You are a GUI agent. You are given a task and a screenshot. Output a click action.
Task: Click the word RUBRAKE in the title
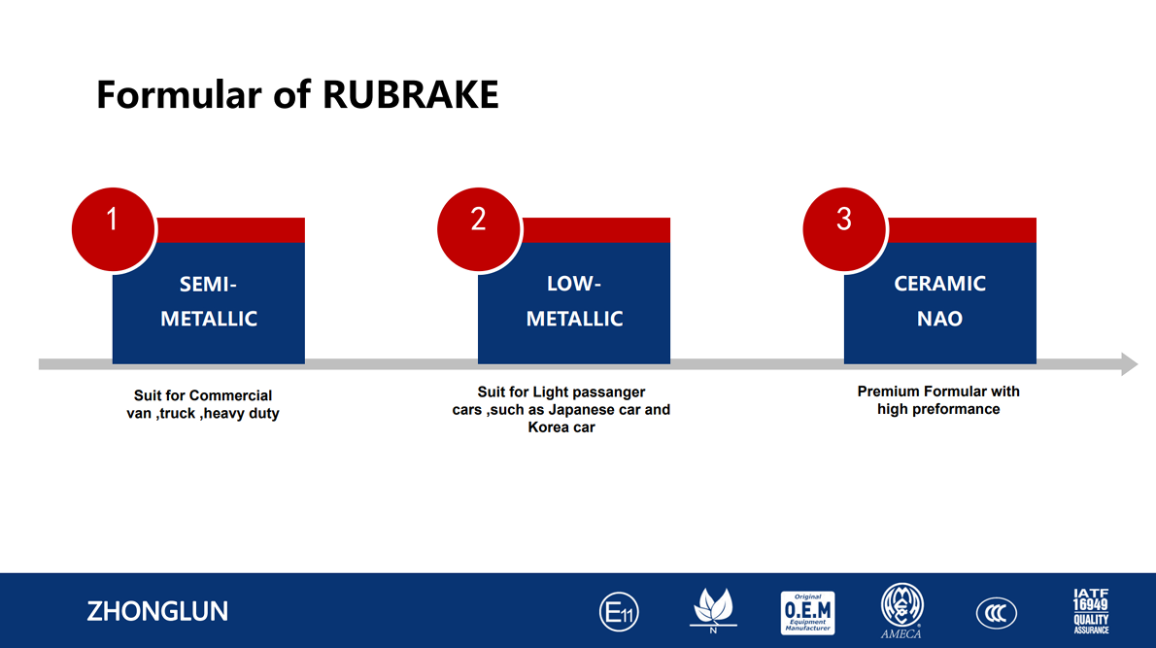pos(411,95)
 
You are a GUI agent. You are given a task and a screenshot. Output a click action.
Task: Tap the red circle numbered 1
pos(113,229)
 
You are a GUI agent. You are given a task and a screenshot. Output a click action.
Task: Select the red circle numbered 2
pos(479,229)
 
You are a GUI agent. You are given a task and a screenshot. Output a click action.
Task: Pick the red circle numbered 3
pos(844,229)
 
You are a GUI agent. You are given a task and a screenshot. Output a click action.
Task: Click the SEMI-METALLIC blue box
pos(209,302)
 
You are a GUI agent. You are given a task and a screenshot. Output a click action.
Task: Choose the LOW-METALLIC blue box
pos(574,302)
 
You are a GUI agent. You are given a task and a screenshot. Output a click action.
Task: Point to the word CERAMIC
pos(940,284)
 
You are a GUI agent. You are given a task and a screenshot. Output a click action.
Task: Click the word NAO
pos(940,319)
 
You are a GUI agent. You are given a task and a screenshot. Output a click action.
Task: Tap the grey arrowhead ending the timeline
pos(1130,363)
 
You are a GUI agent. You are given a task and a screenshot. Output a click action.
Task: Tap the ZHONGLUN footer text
pos(157,611)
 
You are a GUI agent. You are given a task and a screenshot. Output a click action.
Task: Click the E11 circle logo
pos(620,612)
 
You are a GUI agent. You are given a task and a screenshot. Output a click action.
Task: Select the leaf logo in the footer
pos(713,610)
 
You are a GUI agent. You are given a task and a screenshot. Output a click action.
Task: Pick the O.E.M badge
pos(808,613)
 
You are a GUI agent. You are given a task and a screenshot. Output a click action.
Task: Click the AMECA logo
pos(901,610)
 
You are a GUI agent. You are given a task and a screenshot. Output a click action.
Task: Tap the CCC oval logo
pos(996,613)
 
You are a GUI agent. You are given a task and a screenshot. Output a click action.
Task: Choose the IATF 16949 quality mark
pos(1091,611)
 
